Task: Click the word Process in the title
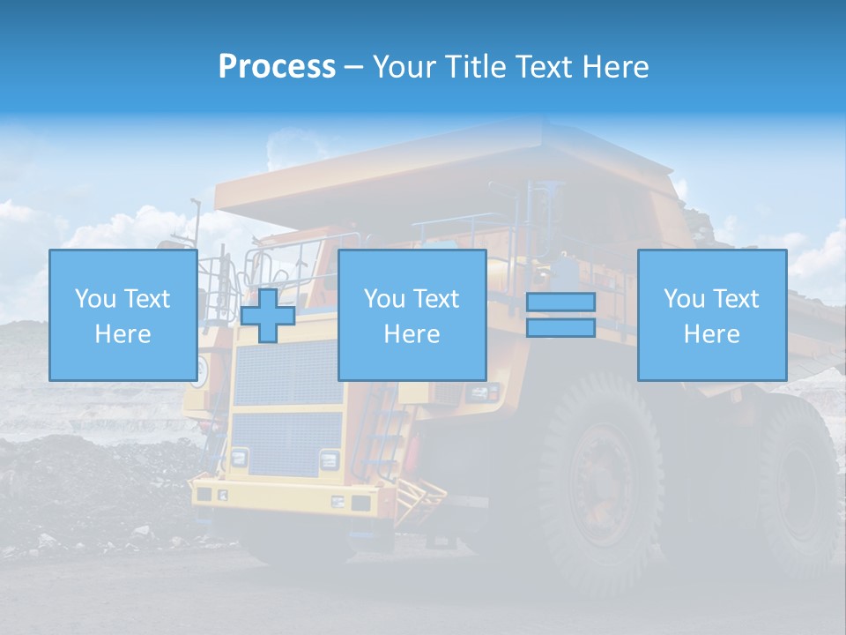277,67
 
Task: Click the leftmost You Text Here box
122,315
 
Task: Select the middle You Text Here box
412,315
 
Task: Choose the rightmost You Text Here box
711,315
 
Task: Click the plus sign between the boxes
268,315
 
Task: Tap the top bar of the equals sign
560,302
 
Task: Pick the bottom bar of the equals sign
560,328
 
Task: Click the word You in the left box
94,299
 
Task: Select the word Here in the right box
711,334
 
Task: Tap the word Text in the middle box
436,299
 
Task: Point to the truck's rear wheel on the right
798,485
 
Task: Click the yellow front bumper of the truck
282,498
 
